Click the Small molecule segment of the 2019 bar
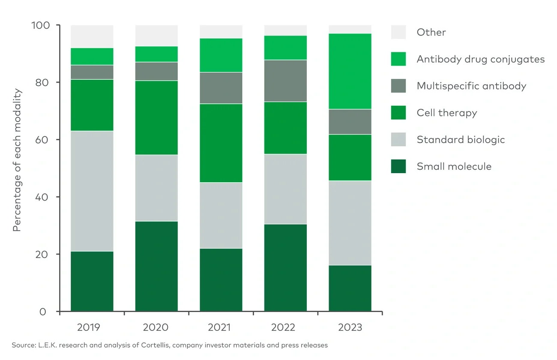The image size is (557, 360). (x=92, y=281)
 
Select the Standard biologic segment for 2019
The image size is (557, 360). (x=92, y=191)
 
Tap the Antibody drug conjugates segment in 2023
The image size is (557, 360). (x=350, y=71)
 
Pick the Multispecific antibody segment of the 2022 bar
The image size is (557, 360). (x=285, y=81)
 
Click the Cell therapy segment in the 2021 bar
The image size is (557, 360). (x=221, y=143)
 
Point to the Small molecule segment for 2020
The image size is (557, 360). (x=156, y=266)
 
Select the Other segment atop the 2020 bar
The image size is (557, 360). (x=156, y=36)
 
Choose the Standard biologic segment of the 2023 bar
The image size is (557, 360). (x=350, y=223)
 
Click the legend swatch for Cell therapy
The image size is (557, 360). (x=398, y=113)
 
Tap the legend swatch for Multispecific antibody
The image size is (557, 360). (x=398, y=86)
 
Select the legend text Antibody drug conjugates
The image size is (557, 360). (x=480, y=59)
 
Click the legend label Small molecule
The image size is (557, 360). (x=454, y=166)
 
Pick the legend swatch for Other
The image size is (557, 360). (x=398, y=32)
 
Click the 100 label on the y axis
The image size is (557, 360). (x=40, y=25)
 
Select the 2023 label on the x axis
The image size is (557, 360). (x=350, y=327)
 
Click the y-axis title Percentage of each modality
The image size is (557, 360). (x=17, y=160)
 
